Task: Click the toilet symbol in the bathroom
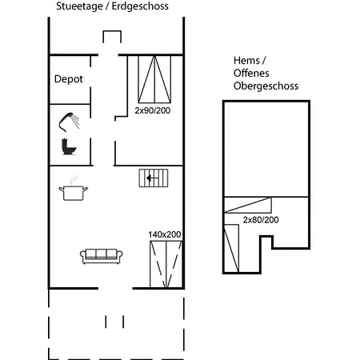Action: (x=68, y=146)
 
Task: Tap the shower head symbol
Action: (x=70, y=121)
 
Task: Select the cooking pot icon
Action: (x=73, y=192)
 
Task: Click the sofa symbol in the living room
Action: (x=101, y=256)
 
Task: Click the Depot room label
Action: (x=69, y=79)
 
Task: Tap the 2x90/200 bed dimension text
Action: (x=153, y=110)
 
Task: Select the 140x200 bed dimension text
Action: (x=165, y=234)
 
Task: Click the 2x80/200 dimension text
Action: (x=261, y=219)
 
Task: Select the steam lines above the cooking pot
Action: (x=74, y=179)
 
